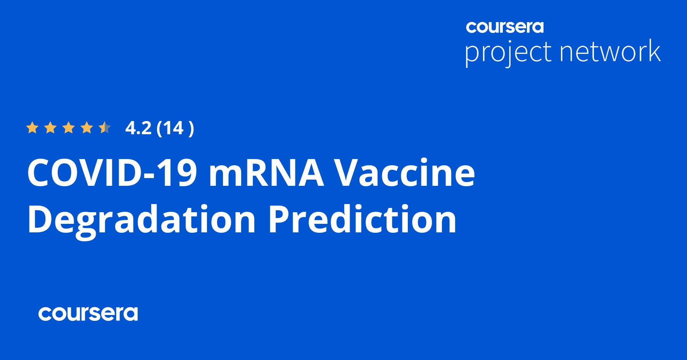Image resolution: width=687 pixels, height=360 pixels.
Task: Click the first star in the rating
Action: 32,128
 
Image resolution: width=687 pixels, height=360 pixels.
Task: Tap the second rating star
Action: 50,128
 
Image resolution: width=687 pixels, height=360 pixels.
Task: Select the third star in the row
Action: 69,128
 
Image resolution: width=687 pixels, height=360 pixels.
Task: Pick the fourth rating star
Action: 87,128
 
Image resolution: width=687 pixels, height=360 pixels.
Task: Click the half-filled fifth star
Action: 105,128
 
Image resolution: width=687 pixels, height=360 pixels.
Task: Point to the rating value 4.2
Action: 138,128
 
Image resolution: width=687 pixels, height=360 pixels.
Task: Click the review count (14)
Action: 175,128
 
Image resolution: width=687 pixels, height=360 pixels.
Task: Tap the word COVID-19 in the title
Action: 112,173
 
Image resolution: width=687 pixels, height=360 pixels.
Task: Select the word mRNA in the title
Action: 266,173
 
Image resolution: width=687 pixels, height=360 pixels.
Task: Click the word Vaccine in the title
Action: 405,173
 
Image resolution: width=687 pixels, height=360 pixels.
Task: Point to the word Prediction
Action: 362,219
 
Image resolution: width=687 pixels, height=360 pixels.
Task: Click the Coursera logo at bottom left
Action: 88,314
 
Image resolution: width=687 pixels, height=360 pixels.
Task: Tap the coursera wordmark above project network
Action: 505,27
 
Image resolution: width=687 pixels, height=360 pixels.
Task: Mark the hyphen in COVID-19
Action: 149,177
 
